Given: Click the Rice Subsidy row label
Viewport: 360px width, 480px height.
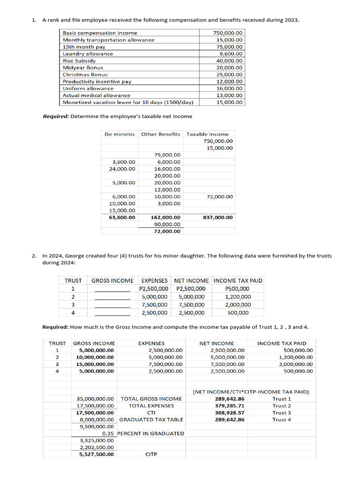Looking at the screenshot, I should pos(79,60).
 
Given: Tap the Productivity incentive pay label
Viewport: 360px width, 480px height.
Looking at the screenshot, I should pos(97,82).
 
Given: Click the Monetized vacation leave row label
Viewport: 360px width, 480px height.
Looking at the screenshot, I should pos(128,102).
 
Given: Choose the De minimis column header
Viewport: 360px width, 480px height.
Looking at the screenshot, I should pos(120,134).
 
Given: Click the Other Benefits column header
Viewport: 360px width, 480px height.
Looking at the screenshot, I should pos(160,134).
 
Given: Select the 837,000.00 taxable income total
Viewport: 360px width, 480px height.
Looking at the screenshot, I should pos(217,217).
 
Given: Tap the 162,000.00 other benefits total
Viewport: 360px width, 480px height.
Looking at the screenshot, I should pos(165,217).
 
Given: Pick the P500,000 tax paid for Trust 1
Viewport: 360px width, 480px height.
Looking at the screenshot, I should pos(238,289).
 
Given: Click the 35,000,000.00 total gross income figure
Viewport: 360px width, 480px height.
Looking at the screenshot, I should pos(95,399).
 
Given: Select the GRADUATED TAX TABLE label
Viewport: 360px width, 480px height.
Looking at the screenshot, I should pos(151,420).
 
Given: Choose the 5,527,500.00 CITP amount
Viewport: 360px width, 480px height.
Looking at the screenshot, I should pos(96,454).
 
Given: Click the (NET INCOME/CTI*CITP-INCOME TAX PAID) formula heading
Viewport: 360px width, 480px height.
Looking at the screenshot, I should pos(251,391).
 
